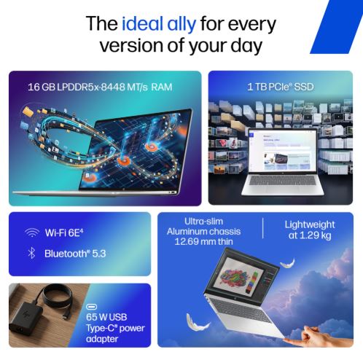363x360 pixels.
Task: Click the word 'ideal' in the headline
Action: click(x=142, y=23)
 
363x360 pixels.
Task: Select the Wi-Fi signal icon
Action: click(x=32, y=232)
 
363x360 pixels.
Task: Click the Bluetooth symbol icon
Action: click(x=31, y=254)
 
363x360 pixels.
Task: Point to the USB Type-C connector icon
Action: click(x=91, y=307)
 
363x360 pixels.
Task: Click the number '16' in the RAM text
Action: click(x=34, y=87)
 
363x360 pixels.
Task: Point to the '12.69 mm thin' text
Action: click(x=203, y=241)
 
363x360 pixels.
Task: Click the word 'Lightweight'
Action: click(x=310, y=225)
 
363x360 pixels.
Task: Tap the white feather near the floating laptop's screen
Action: click(x=288, y=263)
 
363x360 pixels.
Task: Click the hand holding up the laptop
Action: click(x=321, y=337)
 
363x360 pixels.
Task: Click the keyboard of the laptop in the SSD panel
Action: click(x=282, y=181)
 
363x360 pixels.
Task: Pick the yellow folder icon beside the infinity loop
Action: click(x=28, y=111)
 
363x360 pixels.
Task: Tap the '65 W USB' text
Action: click(x=106, y=317)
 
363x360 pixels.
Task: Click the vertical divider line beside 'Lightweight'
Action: click(x=263, y=228)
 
